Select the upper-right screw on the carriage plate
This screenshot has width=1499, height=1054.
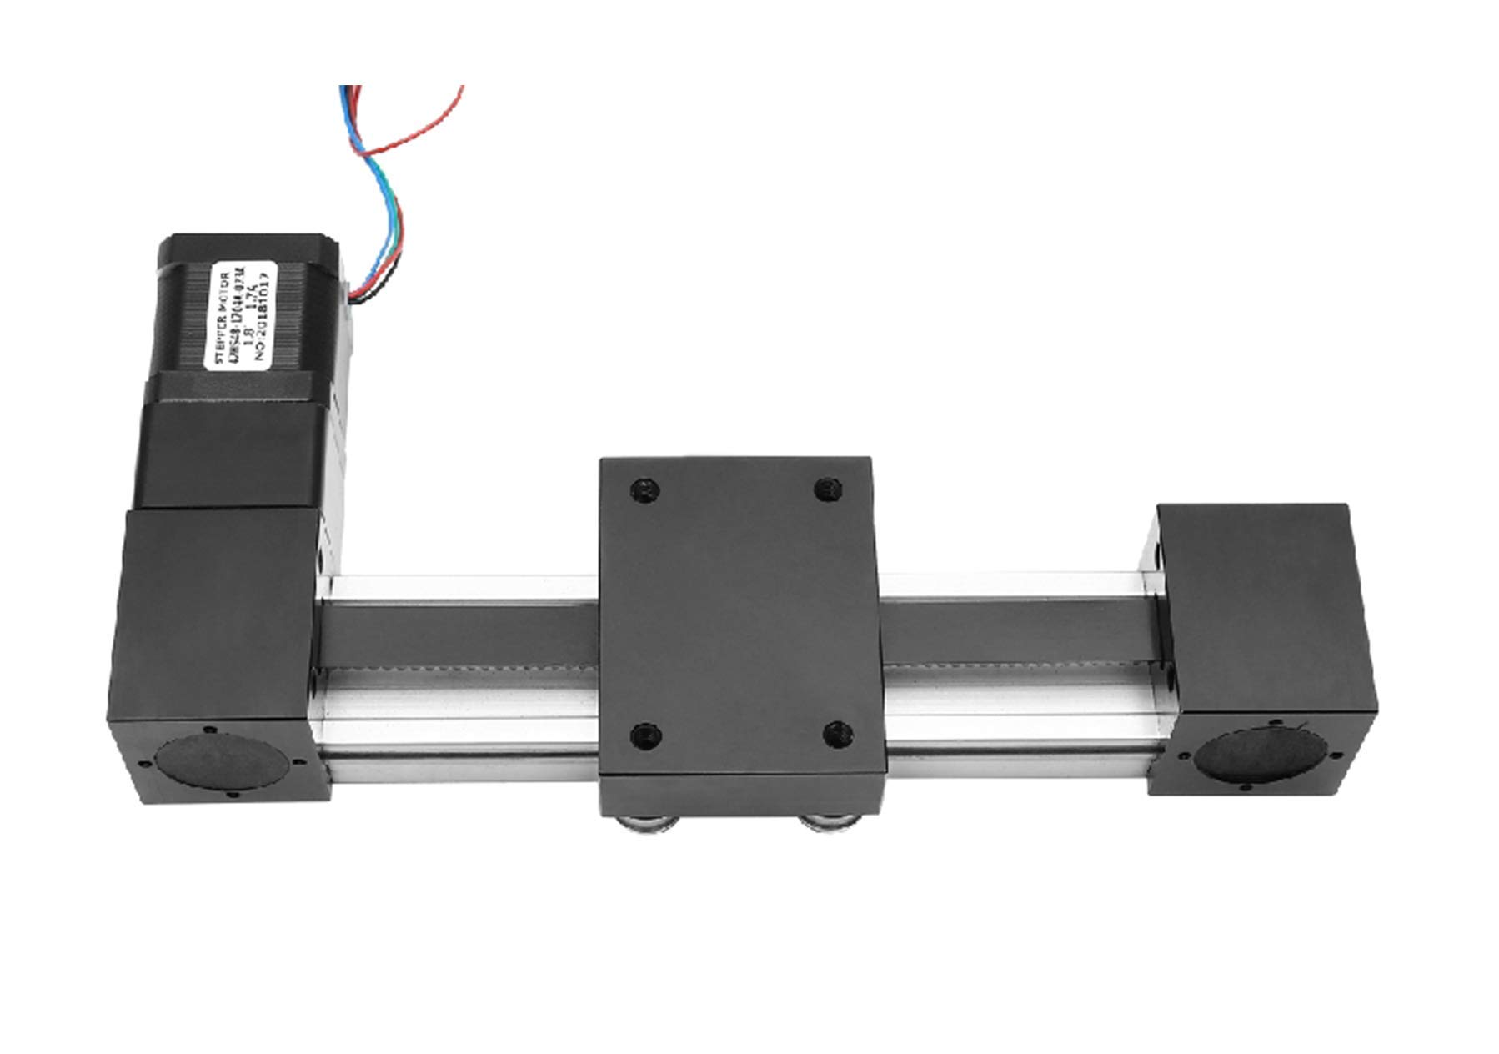827,489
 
